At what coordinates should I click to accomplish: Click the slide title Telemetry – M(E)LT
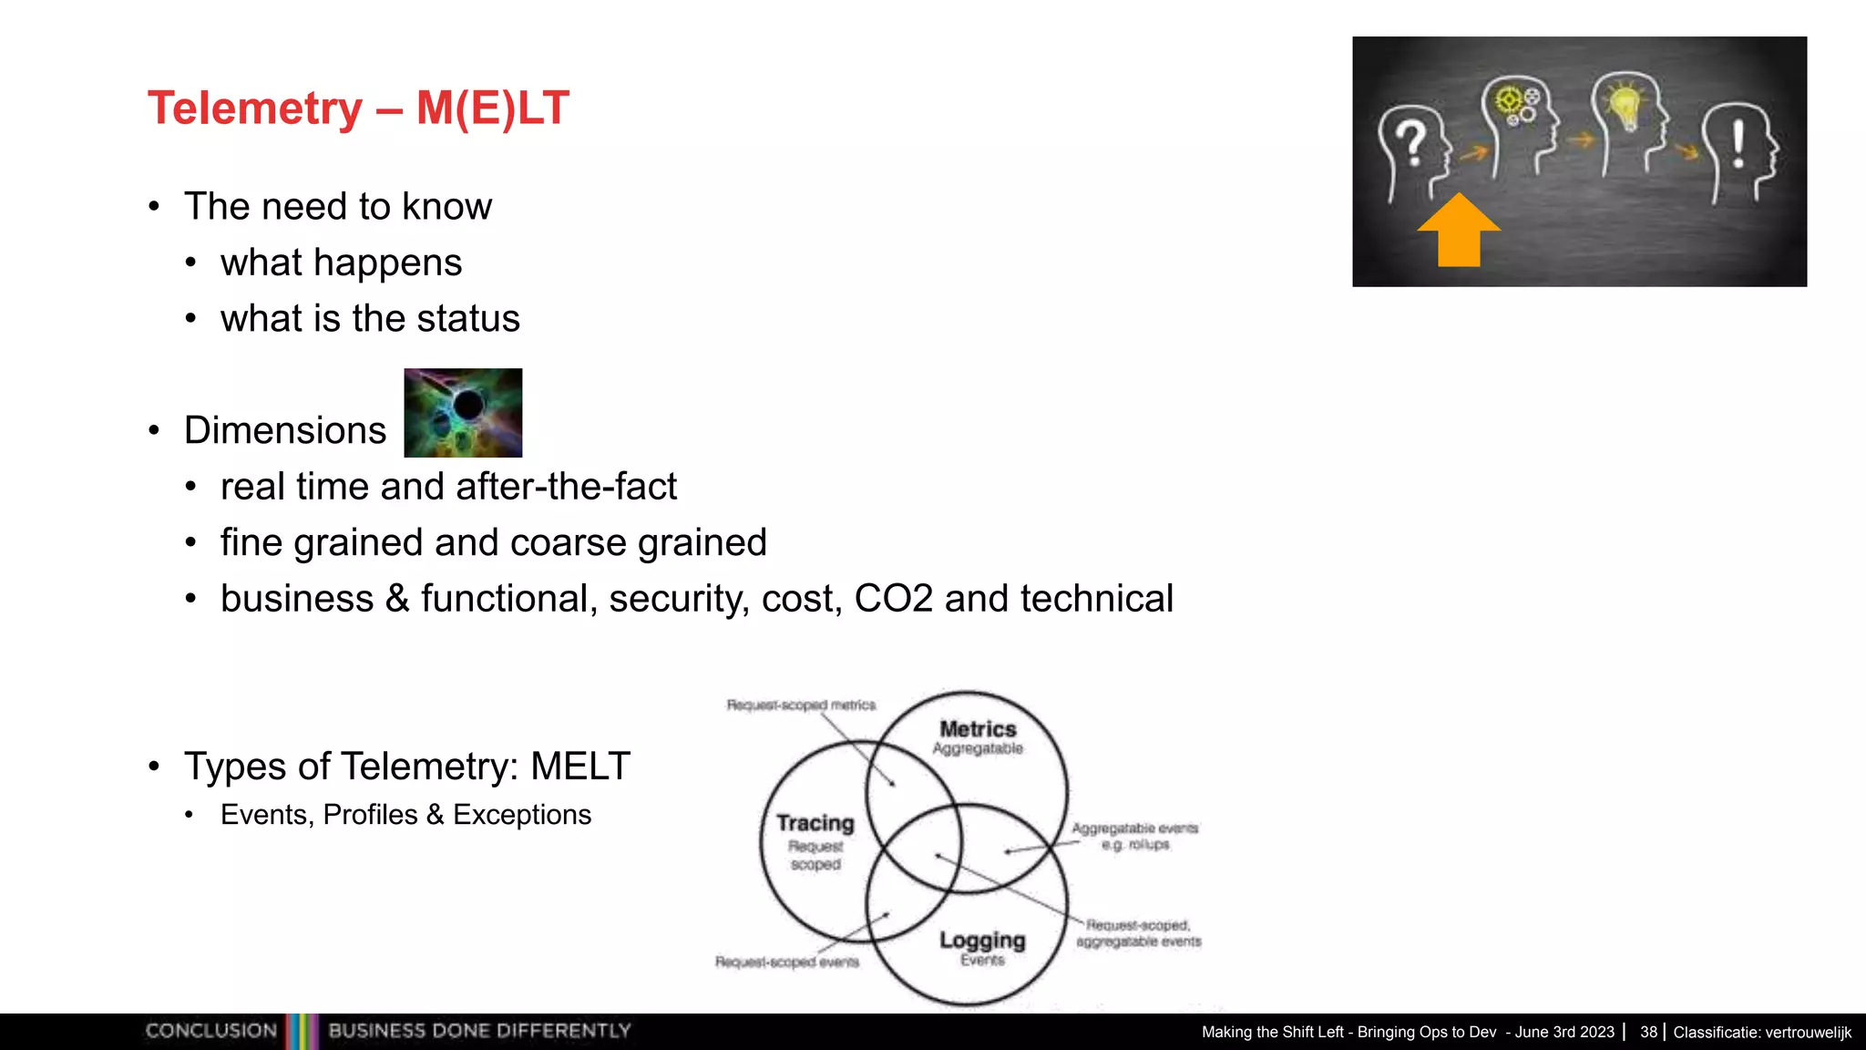pyautogui.click(x=358, y=108)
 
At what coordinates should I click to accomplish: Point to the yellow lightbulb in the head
pyautogui.click(x=1625, y=105)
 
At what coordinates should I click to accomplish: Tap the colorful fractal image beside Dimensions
pyautogui.click(x=463, y=413)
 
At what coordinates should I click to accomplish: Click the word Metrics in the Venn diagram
pyautogui.click(x=978, y=729)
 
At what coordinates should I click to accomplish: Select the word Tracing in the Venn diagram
pyautogui.click(x=815, y=823)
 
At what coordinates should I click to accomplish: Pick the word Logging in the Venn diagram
pyautogui.click(x=982, y=940)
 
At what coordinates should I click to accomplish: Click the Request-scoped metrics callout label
pyautogui.click(x=801, y=705)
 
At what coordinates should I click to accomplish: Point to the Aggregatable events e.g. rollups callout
pyautogui.click(x=1134, y=836)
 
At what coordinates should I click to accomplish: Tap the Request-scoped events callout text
pyautogui.click(x=786, y=962)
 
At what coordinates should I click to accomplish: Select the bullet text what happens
pyautogui.click(x=341, y=262)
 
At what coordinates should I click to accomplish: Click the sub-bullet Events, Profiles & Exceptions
pyautogui.click(x=405, y=814)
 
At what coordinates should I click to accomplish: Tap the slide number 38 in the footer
pyautogui.click(x=1648, y=1032)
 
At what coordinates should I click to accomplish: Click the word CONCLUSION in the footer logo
pyautogui.click(x=211, y=1031)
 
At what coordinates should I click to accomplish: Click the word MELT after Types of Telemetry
pyautogui.click(x=580, y=766)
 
